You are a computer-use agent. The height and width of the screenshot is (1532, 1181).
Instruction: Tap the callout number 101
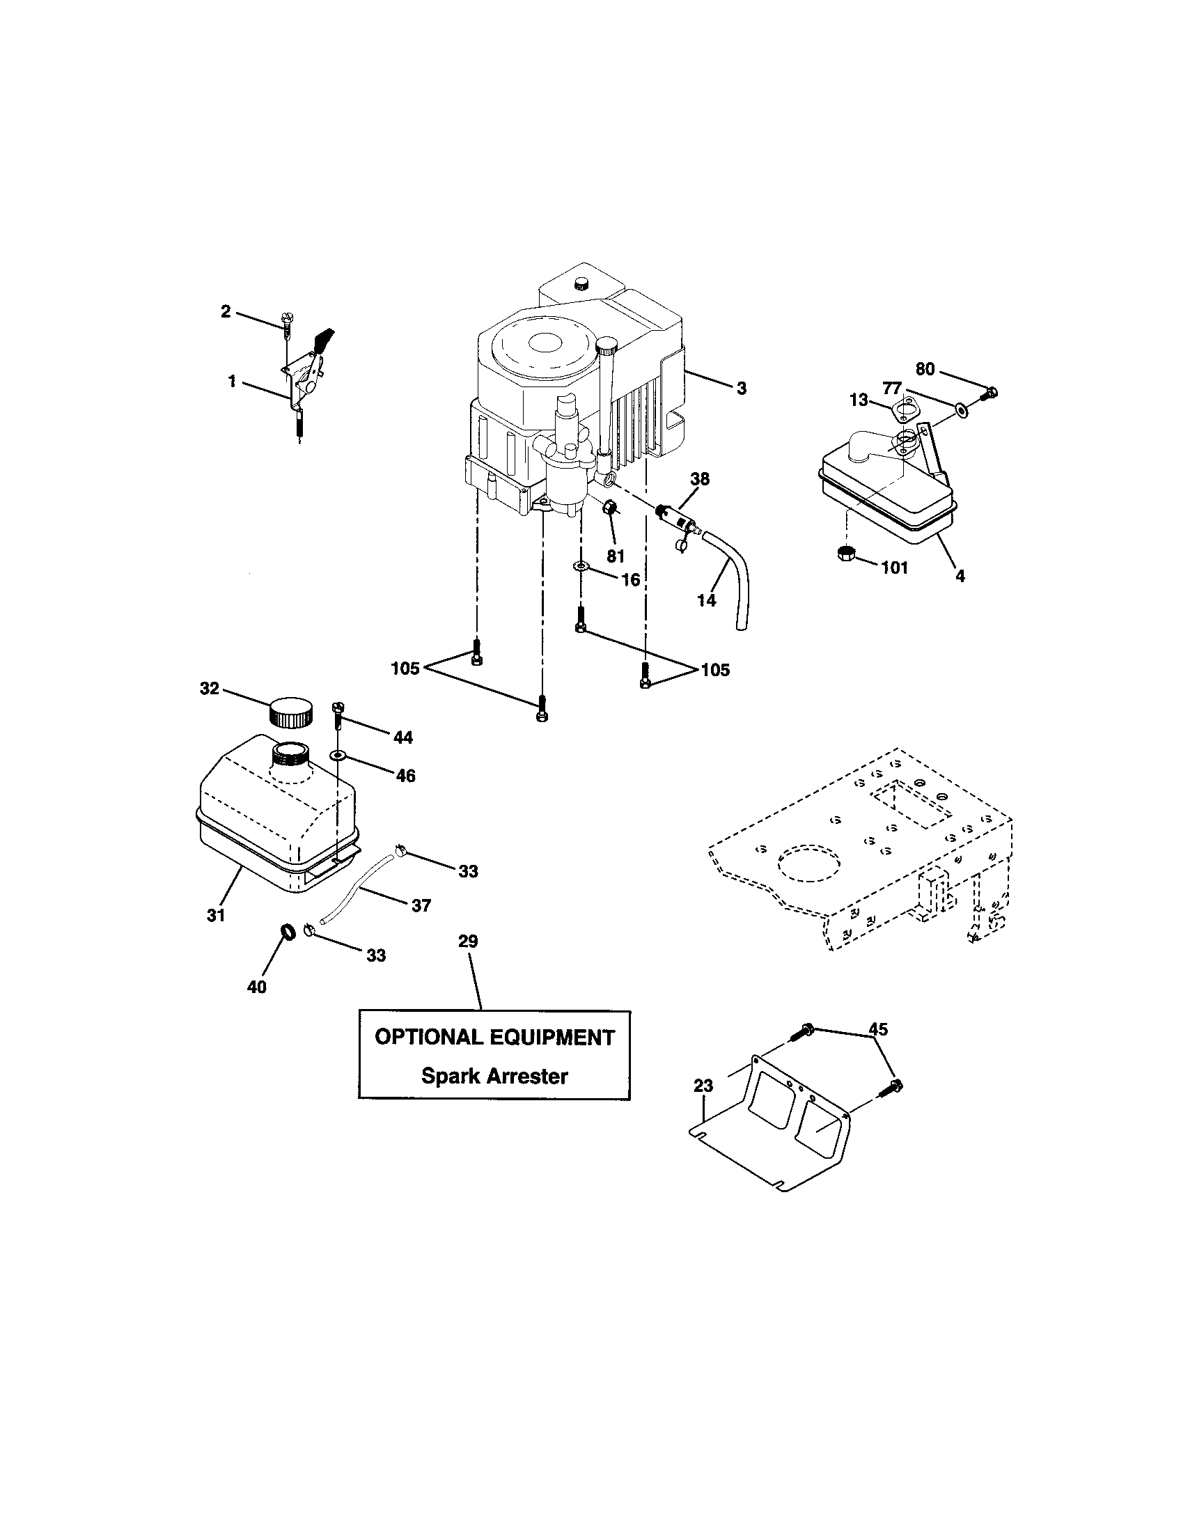click(x=894, y=568)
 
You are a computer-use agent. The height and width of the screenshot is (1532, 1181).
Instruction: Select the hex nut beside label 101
click(x=847, y=554)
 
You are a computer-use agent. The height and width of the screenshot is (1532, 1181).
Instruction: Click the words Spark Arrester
click(x=494, y=1076)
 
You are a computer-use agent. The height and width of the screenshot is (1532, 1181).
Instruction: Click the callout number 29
click(x=468, y=941)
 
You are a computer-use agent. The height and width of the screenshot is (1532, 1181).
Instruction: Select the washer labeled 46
click(x=339, y=756)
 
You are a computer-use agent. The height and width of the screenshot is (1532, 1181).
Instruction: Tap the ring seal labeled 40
click(x=287, y=932)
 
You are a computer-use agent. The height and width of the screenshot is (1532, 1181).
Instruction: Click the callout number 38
click(x=700, y=479)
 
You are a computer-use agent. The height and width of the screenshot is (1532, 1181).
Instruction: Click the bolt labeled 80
click(x=990, y=393)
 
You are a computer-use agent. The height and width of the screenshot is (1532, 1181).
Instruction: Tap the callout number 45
click(x=878, y=1029)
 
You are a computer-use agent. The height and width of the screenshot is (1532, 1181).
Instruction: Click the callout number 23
click(x=703, y=1086)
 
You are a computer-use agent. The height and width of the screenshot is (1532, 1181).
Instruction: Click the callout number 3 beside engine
click(x=742, y=388)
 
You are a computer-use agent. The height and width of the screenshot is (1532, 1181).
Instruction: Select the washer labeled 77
click(x=959, y=407)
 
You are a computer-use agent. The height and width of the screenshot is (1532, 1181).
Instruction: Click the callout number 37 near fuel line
click(x=421, y=905)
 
